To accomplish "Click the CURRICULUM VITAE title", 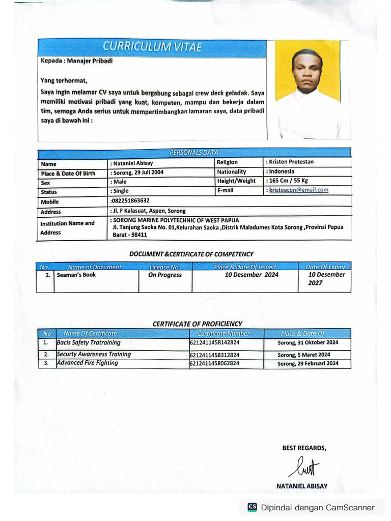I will [x=152, y=47].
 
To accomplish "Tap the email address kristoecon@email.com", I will [x=299, y=190].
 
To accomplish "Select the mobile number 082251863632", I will [x=130, y=201].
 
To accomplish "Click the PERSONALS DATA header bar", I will [x=193, y=153].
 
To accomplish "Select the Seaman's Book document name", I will [x=76, y=275].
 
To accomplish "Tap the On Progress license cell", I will [x=164, y=275].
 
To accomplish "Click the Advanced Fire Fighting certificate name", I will [x=88, y=363].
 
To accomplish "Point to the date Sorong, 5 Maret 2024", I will [x=304, y=355].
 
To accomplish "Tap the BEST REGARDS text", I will [x=304, y=448].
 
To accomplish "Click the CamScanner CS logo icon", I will [x=252, y=507].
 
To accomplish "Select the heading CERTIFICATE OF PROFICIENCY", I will [x=198, y=324].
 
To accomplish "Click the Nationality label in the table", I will [x=232, y=172].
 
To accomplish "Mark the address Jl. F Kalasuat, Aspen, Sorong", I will [x=148, y=211].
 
